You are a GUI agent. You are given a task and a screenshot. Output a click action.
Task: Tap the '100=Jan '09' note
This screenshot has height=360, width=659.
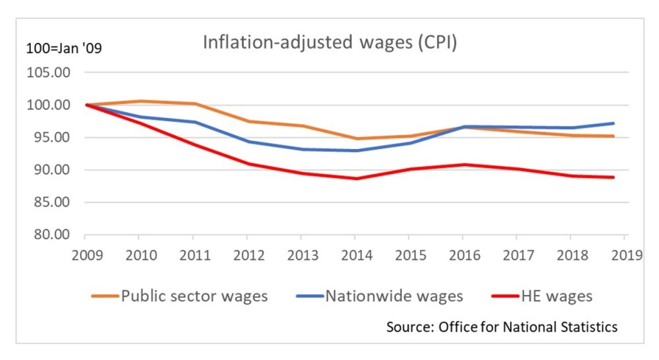[x=64, y=49]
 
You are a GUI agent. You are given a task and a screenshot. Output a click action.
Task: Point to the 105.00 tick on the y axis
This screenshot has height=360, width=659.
[x=48, y=73]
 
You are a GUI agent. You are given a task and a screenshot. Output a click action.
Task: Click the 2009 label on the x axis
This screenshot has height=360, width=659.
[x=86, y=255]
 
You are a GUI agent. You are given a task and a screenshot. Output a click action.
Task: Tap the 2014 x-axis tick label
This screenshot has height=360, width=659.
[x=355, y=255]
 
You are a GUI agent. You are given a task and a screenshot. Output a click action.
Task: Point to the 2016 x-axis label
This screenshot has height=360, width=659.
[x=463, y=255]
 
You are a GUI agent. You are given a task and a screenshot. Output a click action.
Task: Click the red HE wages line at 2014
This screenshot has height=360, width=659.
[x=355, y=179]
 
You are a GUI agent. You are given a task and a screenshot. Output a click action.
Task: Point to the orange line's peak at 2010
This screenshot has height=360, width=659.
[x=139, y=101]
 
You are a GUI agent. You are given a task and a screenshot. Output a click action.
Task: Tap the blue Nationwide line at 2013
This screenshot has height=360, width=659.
[x=301, y=149]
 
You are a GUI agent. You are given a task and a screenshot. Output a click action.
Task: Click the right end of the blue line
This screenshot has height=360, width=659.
[x=614, y=123]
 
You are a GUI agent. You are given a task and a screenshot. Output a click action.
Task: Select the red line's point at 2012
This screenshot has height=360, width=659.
[x=247, y=164]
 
